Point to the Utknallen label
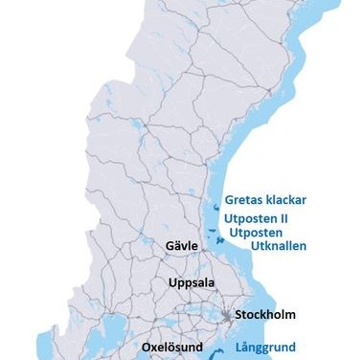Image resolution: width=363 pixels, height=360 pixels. [x=278, y=246]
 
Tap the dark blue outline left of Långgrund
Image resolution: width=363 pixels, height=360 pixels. [x=223, y=349]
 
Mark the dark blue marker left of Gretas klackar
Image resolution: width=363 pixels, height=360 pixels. [x=213, y=203]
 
